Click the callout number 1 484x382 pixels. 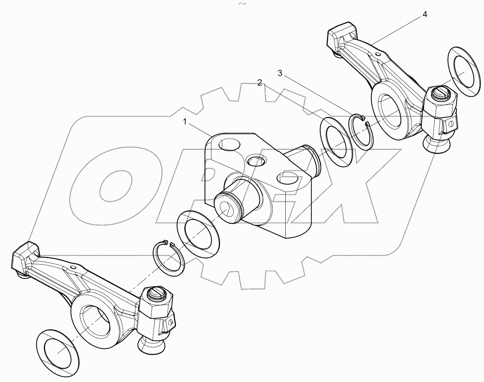[185, 122]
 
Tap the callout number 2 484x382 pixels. [259, 83]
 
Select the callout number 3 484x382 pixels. [280, 73]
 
